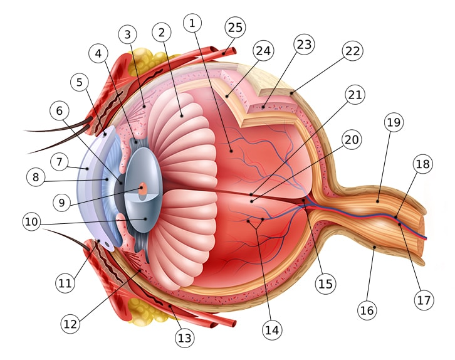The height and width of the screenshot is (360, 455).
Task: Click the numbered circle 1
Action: [192, 23]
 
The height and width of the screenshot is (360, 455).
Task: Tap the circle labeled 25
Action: [236, 27]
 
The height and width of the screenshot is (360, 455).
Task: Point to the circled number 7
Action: [60, 162]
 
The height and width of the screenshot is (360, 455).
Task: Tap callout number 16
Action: [367, 309]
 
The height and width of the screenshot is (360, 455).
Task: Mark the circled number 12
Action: [71, 324]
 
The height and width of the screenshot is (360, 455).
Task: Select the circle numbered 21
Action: [355, 95]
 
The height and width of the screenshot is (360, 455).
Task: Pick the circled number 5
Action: [80, 82]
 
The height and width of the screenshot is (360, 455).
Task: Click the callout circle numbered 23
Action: [304, 45]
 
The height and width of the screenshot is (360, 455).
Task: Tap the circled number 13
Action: [184, 339]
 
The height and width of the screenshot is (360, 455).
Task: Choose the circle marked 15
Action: [325, 283]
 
